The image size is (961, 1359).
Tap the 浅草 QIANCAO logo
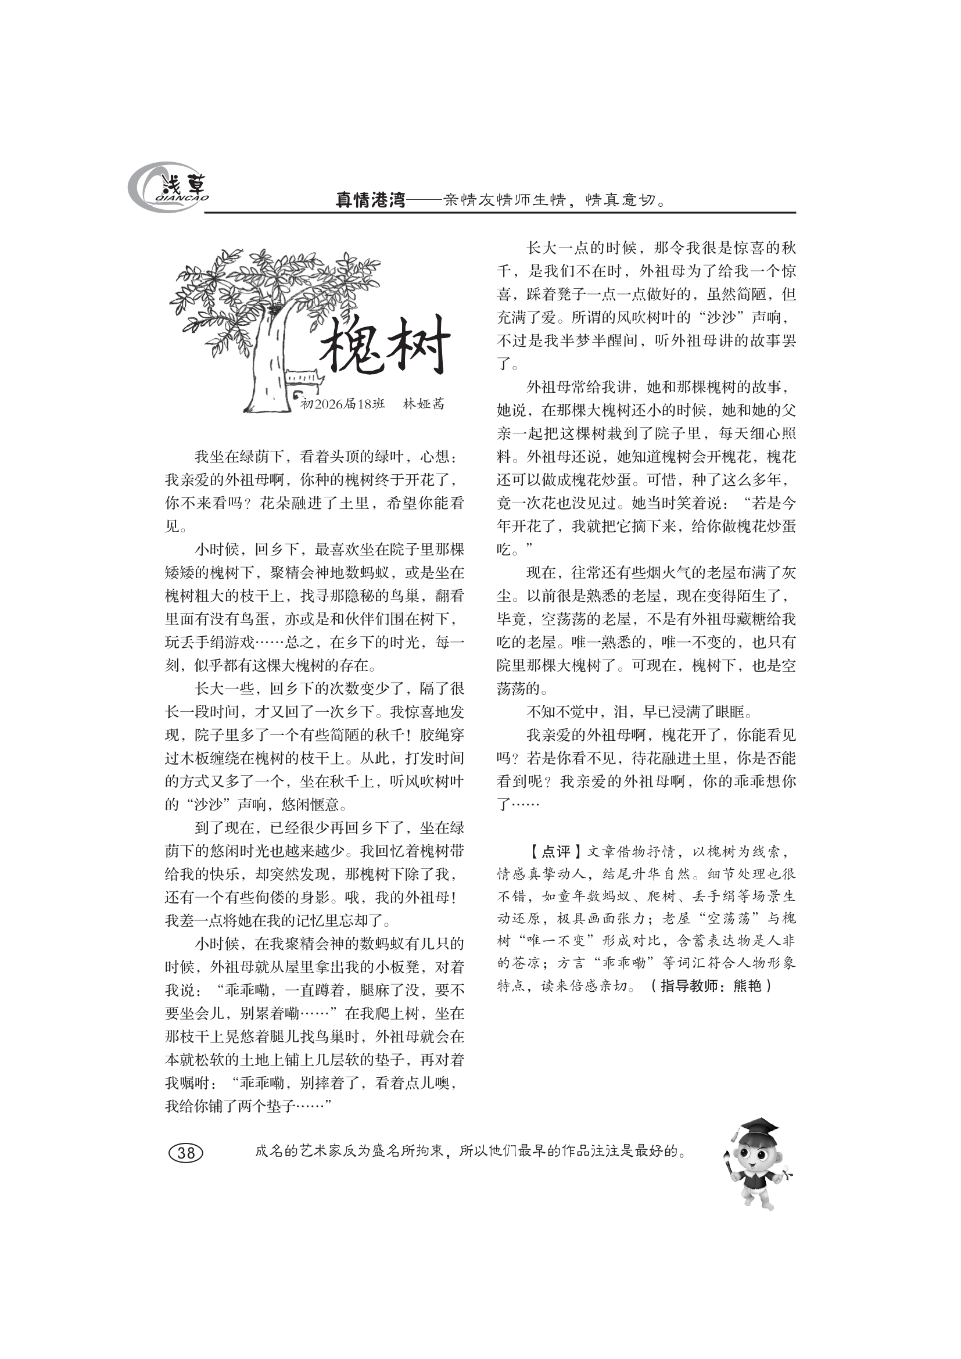pyautogui.click(x=168, y=187)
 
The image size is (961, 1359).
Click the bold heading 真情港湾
pyautogui.click(x=370, y=200)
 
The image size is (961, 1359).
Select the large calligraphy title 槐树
pyautogui.click(x=385, y=346)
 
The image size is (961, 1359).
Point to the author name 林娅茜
pyautogui.click(x=423, y=404)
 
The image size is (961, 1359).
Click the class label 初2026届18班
pyautogui.click(x=343, y=404)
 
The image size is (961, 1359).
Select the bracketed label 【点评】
pyautogui.click(x=548, y=852)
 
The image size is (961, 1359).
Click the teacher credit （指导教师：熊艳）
pyautogui.click(x=711, y=986)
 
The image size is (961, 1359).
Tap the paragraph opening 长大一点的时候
pyautogui.click(x=646, y=306)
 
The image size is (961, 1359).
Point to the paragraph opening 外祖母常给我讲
pyautogui.click(x=646, y=468)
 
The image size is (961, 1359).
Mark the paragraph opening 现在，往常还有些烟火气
pyautogui.click(x=646, y=630)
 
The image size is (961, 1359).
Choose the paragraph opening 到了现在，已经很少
pyautogui.click(x=314, y=874)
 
